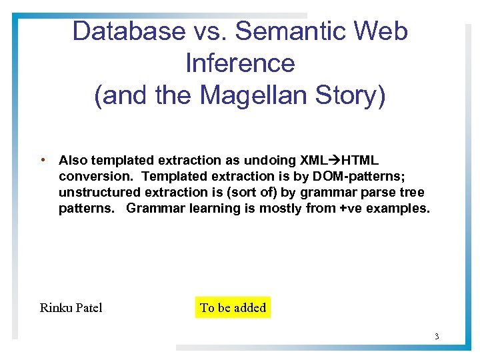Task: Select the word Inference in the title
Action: (x=240, y=63)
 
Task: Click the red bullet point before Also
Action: (x=43, y=160)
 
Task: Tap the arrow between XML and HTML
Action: (x=335, y=161)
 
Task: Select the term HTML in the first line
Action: (x=360, y=161)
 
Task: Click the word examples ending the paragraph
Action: (x=397, y=209)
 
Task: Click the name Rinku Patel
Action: (x=71, y=308)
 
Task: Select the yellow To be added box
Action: (x=233, y=307)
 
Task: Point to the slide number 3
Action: (x=437, y=336)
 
